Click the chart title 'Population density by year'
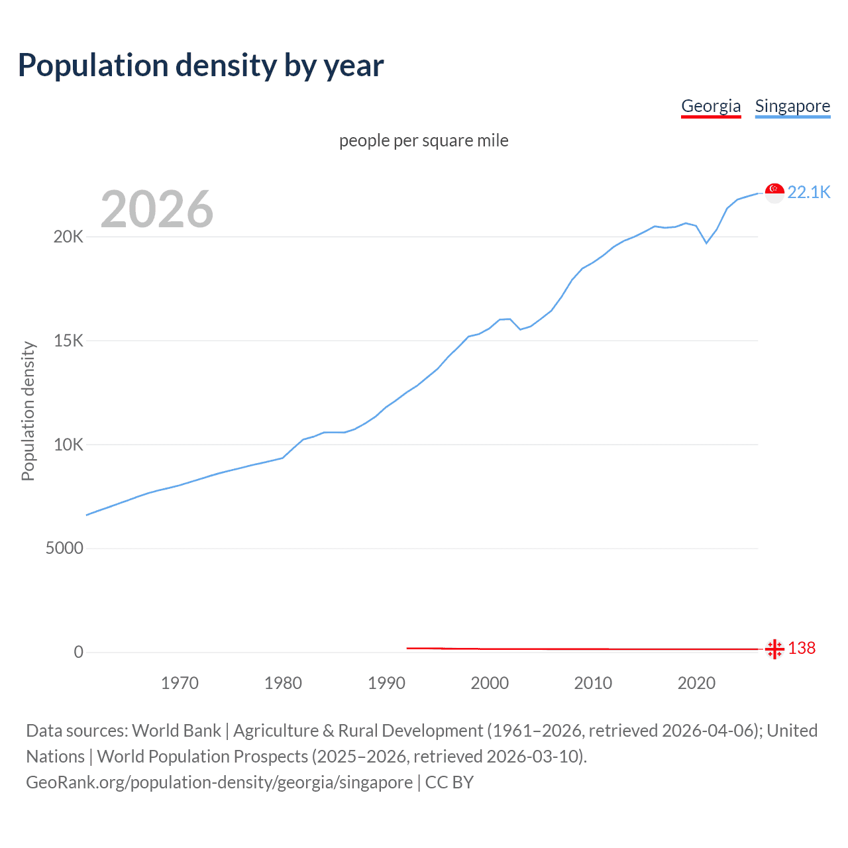(201, 65)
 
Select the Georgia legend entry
(711, 106)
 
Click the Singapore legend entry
(792, 106)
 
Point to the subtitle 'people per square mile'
(424, 140)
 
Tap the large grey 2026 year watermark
(157, 209)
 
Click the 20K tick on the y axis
(68, 237)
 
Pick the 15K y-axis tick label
(68, 341)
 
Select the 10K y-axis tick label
(68, 445)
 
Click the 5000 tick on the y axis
(64, 548)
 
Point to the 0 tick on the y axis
(79, 652)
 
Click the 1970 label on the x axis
(180, 683)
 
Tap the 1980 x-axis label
(283, 683)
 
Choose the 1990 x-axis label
(386, 683)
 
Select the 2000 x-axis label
(490, 683)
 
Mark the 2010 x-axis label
(593, 683)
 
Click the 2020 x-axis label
(696, 683)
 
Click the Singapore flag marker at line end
(774, 193)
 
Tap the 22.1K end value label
(808, 192)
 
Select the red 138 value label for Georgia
(802, 648)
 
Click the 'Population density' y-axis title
(28, 411)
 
